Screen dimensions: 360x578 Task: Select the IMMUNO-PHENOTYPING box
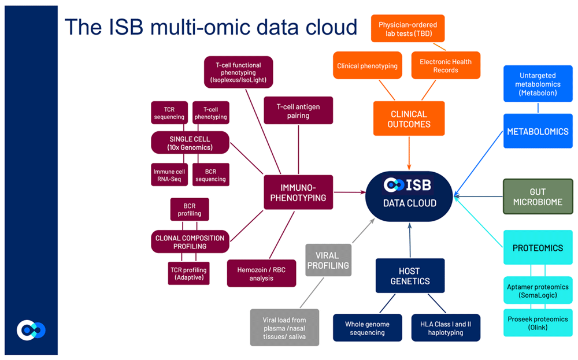click(x=298, y=192)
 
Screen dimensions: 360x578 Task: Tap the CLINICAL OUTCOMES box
click(x=409, y=119)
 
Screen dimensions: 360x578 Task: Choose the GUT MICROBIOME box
click(x=538, y=196)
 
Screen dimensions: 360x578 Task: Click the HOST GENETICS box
click(x=410, y=276)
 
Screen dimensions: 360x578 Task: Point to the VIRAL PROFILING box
click(x=328, y=259)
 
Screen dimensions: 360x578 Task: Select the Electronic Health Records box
click(x=446, y=66)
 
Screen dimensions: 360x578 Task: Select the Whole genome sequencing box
click(x=367, y=328)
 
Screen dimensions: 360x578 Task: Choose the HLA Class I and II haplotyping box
click(x=445, y=328)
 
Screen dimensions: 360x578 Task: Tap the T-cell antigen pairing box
click(x=298, y=111)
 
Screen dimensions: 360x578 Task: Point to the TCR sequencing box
click(x=169, y=113)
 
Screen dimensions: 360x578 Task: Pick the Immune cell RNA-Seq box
click(x=169, y=175)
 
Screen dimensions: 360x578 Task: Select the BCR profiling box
click(x=190, y=209)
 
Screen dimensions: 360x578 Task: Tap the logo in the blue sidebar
click(x=30, y=330)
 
